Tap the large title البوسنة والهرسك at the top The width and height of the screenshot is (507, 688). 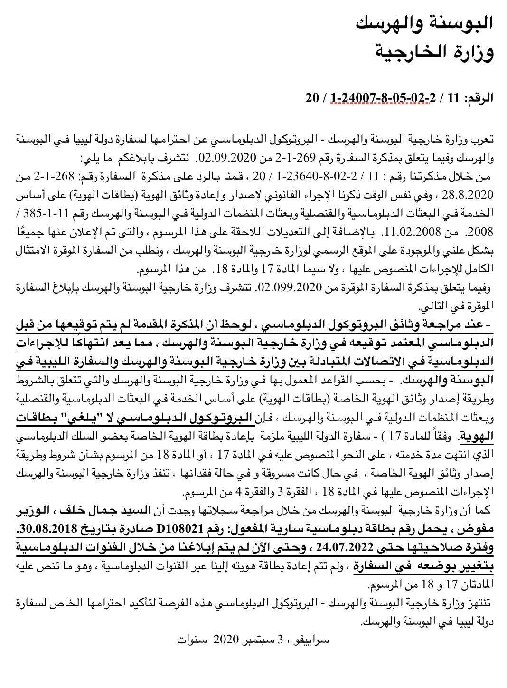click(x=426, y=21)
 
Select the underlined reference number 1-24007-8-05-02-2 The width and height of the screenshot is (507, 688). click(x=384, y=98)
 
